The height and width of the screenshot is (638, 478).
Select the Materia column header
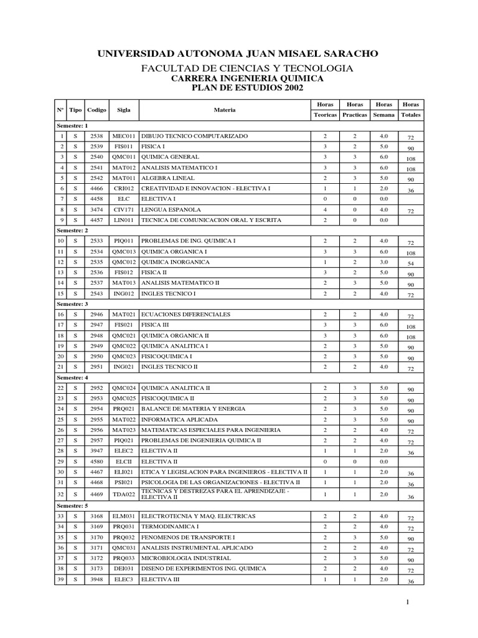[x=224, y=110]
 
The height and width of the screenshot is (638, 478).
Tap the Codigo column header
[x=97, y=110]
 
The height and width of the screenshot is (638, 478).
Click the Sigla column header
[x=124, y=110]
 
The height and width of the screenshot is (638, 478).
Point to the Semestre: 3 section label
[x=73, y=303]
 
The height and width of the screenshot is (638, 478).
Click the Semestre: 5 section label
[x=73, y=505]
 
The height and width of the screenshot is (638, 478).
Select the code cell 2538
[x=97, y=136]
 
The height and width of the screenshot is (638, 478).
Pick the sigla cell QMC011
[x=124, y=157]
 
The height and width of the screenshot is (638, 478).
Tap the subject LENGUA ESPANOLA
[x=171, y=210]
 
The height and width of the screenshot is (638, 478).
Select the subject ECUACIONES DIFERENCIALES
[x=186, y=315]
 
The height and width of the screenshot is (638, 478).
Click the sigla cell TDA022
[x=124, y=494]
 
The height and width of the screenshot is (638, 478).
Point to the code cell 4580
[x=97, y=462]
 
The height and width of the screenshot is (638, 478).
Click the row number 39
[x=61, y=579]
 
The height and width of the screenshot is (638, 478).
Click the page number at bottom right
[x=406, y=602]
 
